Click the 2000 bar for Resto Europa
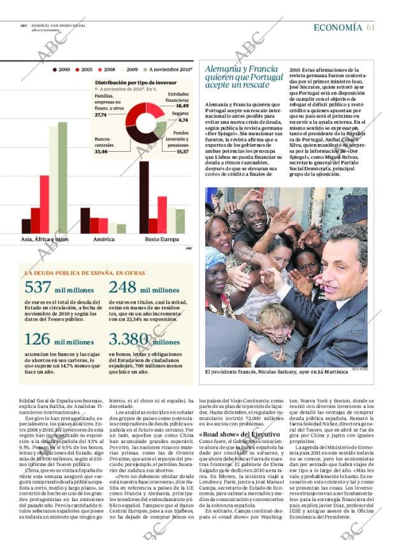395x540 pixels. click(x=144, y=198)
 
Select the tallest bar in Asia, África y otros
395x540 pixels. click(x=62, y=178)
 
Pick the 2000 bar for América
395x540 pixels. click(x=85, y=221)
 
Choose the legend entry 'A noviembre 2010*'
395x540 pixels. click(x=169, y=69)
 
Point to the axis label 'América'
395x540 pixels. click(x=104, y=240)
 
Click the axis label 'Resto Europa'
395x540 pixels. click(x=162, y=240)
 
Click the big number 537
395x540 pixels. click(x=38, y=288)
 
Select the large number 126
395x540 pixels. click(x=37, y=339)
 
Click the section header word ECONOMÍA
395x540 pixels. click(x=338, y=27)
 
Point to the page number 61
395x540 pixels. click(x=371, y=27)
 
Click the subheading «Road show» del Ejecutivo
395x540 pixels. click(x=240, y=434)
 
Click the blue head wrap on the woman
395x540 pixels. click(x=215, y=259)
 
